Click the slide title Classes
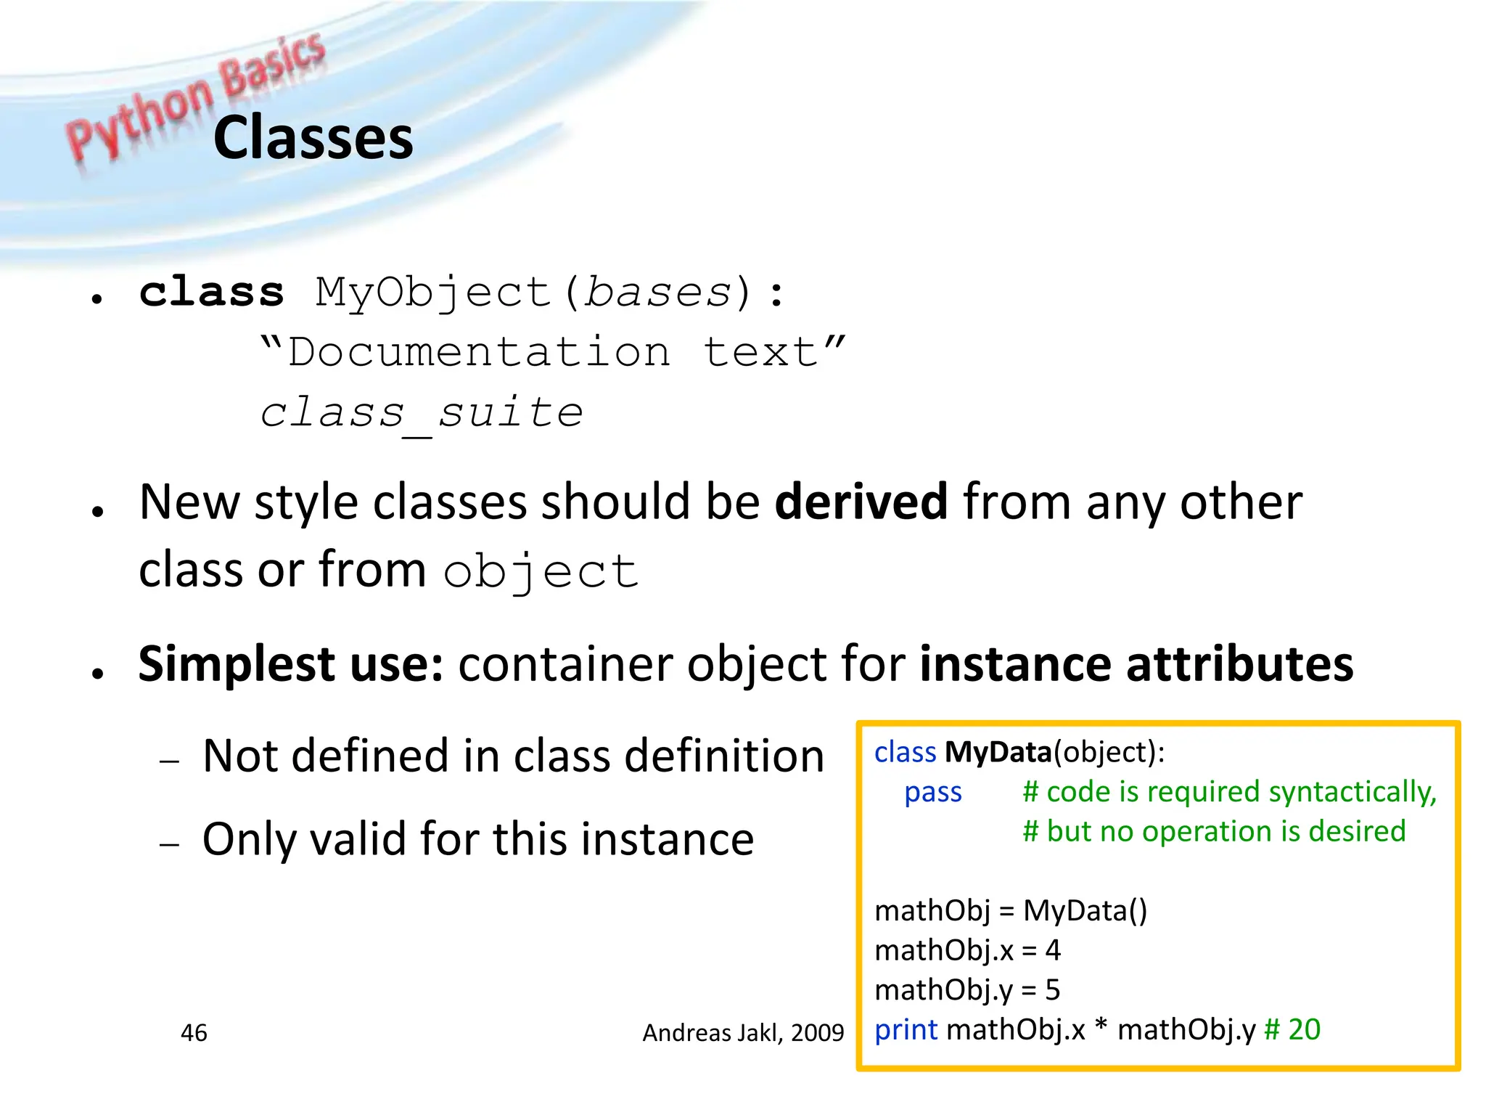(x=313, y=138)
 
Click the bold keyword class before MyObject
(x=211, y=293)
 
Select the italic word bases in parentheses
(x=658, y=293)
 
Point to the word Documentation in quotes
(x=479, y=353)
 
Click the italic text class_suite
(x=422, y=414)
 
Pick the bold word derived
(x=861, y=502)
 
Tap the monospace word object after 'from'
(x=541, y=572)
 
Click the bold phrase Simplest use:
(x=290, y=664)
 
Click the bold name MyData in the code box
(x=998, y=752)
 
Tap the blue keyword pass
(x=932, y=792)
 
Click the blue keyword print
(x=906, y=1029)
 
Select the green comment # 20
(x=1292, y=1029)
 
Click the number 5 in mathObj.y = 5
(x=1052, y=990)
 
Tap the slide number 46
(x=194, y=1033)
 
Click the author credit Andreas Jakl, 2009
(x=743, y=1033)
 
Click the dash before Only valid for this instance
(x=169, y=844)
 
